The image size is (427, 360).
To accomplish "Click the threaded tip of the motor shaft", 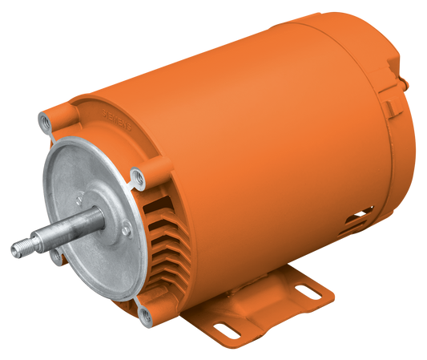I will [x=17, y=249].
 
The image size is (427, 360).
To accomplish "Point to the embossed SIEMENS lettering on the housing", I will [x=107, y=118].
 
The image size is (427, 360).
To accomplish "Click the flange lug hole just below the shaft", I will [x=54, y=255].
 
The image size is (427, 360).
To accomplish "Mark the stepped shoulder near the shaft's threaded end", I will [x=37, y=238].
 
